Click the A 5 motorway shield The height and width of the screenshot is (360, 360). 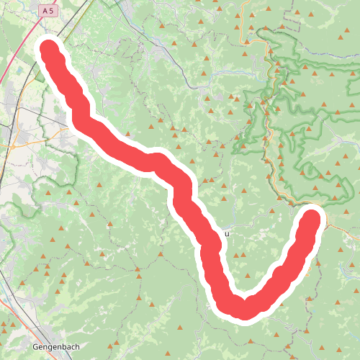click(48, 11)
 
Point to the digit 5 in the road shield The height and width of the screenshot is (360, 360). click(52, 11)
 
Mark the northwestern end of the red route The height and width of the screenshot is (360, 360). click(49, 51)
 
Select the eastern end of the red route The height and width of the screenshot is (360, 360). click(312, 217)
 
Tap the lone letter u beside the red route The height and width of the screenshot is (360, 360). click(227, 233)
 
